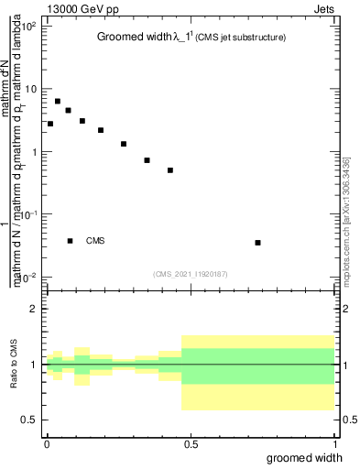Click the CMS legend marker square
pyautogui.click(x=71, y=241)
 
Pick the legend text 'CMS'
pyautogui.click(x=95, y=241)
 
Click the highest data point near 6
pyautogui.click(x=58, y=102)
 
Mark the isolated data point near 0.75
pyautogui.click(x=258, y=243)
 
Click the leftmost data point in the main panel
pyautogui.click(x=50, y=124)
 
